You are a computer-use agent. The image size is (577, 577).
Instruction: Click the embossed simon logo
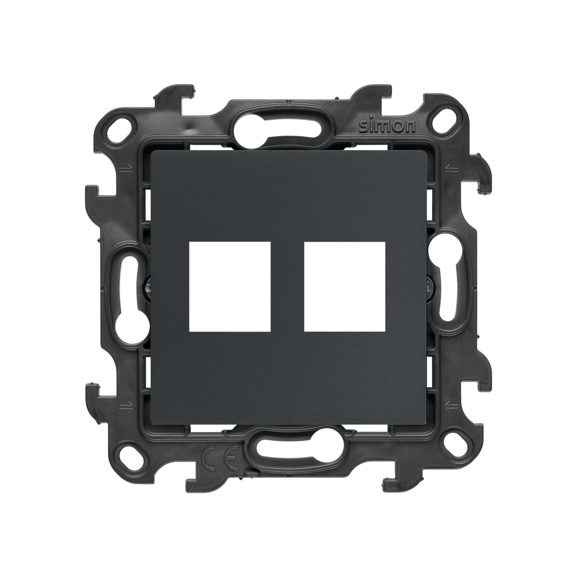click(x=387, y=126)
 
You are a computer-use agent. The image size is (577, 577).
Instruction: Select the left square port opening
click(x=230, y=287)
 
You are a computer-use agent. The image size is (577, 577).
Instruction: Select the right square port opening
click(x=345, y=287)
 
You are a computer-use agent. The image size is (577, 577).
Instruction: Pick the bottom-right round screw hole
click(x=454, y=445)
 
